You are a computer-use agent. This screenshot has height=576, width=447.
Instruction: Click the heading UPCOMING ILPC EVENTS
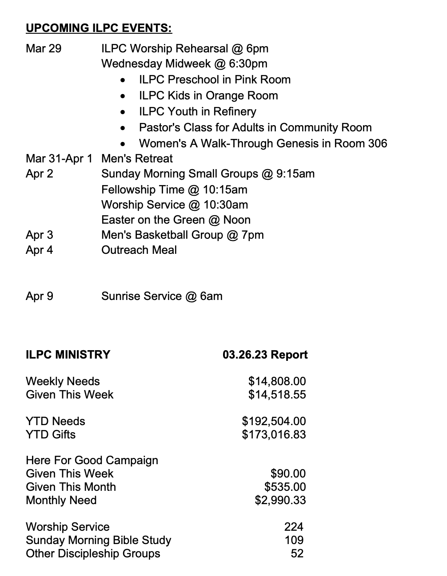tap(99, 28)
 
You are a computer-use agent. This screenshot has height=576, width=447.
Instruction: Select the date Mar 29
tap(44, 48)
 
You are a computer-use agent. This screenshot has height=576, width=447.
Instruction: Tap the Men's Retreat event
tap(137, 158)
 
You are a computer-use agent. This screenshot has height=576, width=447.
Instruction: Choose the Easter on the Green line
tap(176, 220)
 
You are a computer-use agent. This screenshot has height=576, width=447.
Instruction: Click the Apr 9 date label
tap(40, 296)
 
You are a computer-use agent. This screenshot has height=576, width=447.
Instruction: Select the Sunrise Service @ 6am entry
tap(162, 296)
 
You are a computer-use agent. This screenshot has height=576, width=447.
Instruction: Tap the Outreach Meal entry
tap(139, 250)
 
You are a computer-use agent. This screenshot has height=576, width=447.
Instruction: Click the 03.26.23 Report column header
tap(265, 355)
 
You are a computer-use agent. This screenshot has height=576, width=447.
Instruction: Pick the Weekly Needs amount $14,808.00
tap(277, 381)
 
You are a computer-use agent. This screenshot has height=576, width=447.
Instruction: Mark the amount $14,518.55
tap(277, 395)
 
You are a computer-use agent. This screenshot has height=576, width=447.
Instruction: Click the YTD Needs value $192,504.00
tap(274, 421)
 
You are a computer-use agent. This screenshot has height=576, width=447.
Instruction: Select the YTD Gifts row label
tap(51, 434)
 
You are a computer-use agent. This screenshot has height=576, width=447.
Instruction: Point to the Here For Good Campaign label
tap(92, 460)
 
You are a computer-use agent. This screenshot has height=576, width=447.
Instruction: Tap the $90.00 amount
tap(288, 473)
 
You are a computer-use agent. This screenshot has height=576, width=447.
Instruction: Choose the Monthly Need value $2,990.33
tap(280, 500)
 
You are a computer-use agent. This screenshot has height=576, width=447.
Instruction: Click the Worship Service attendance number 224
tap(294, 527)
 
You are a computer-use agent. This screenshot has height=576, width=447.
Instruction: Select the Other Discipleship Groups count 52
tap(297, 553)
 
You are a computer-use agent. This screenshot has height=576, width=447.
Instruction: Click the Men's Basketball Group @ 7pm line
tap(182, 235)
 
